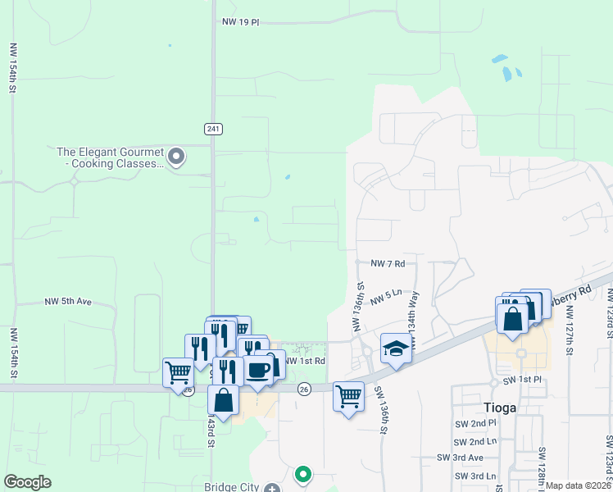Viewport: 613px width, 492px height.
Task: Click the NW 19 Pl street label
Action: (240, 23)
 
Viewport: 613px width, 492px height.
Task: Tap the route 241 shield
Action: (212, 129)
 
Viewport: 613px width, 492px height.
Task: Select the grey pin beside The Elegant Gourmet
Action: (175, 156)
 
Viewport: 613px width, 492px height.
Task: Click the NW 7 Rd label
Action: (388, 263)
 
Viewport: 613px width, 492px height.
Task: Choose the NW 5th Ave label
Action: (68, 302)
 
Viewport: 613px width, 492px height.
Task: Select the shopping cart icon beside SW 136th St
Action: (348, 397)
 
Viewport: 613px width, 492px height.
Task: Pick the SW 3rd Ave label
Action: (460, 458)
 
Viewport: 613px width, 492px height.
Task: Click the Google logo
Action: (27, 481)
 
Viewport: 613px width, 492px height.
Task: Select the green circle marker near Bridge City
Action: (302, 473)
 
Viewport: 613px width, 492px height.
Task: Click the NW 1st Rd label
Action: (305, 360)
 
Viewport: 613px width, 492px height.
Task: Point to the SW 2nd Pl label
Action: (477, 423)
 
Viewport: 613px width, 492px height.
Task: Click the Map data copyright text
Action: (578, 485)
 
